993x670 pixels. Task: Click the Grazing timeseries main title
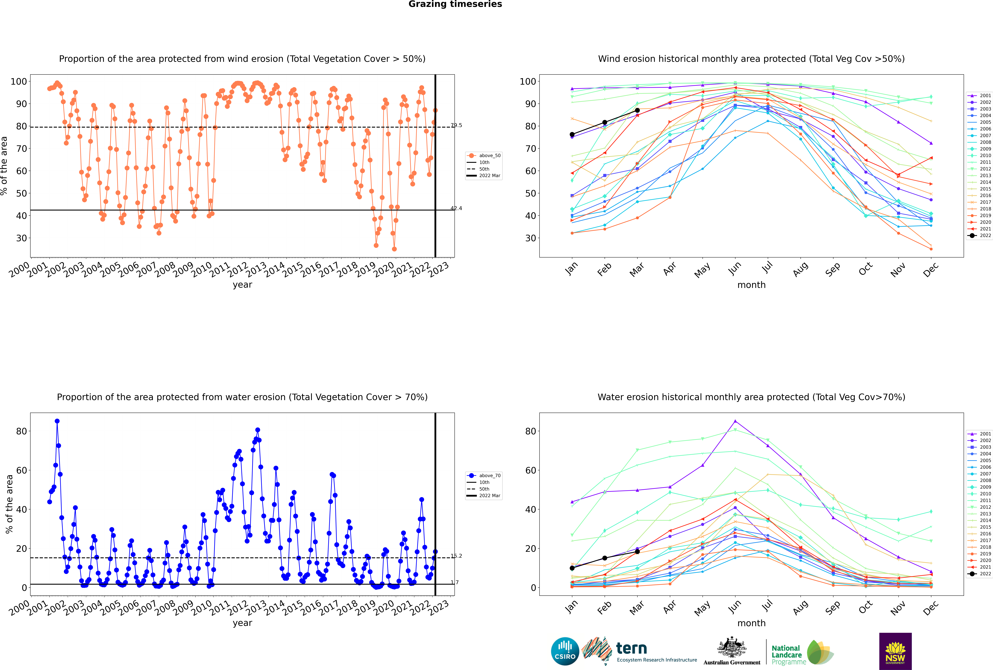455,4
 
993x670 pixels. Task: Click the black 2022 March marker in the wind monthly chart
637,110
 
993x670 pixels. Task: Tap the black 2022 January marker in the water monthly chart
572,568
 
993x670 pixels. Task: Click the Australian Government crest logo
732,650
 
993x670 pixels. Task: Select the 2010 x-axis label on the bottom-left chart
202,608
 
